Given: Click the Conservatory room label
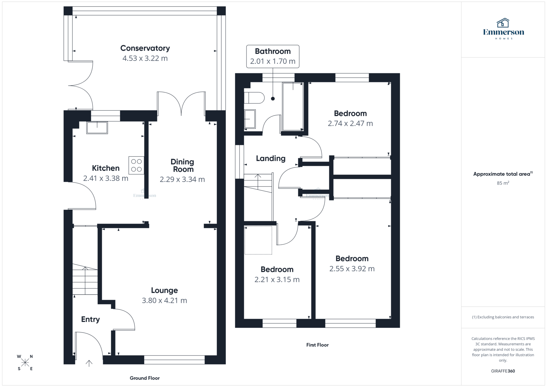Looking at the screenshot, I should click(x=145, y=48).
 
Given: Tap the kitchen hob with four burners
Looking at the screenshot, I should click(x=136, y=165).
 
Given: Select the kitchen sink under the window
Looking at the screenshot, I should click(x=97, y=127).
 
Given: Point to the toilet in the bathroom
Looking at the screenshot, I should click(x=254, y=98).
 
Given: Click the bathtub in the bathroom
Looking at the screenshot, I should click(x=293, y=107).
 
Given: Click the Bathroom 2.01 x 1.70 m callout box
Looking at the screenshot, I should click(x=273, y=56).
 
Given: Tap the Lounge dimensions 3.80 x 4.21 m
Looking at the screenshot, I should click(x=164, y=300).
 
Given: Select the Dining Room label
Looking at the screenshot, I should click(x=182, y=165).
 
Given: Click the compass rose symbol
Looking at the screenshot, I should click(x=25, y=362).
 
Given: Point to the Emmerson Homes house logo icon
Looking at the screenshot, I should click(x=503, y=23).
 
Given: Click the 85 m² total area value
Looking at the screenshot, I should click(x=503, y=183).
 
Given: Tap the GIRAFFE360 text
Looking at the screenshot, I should click(x=503, y=371).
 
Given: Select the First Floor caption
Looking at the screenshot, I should click(x=317, y=345).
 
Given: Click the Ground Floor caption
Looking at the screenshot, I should click(x=144, y=378).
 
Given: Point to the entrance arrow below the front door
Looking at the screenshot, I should click(x=89, y=363).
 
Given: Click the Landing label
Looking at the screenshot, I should click(x=271, y=158).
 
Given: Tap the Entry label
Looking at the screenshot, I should click(x=90, y=319).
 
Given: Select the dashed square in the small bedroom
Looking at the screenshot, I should click(x=258, y=240).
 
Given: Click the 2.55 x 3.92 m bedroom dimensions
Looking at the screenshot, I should click(x=352, y=269).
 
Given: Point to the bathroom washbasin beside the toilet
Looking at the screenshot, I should click(x=250, y=119).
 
